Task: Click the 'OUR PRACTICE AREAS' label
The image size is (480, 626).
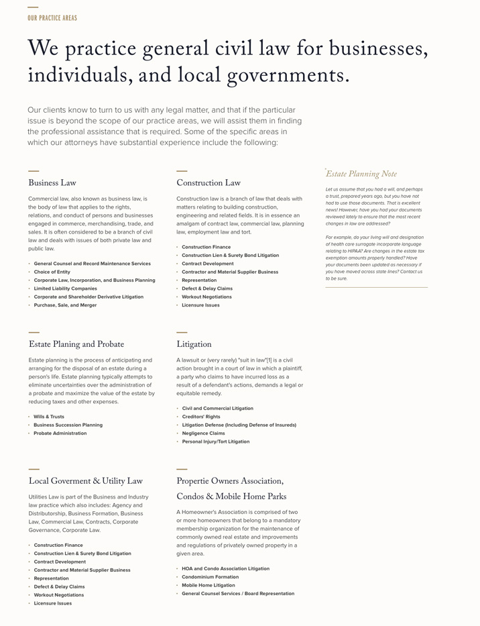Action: coord(52,18)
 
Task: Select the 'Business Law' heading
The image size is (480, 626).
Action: coord(52,183)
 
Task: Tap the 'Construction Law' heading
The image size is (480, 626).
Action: coord(208,183)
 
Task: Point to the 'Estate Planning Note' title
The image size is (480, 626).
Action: coord(361,174)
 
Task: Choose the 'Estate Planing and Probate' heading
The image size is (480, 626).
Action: coord(76,345)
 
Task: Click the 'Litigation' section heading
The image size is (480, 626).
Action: coord(194,345)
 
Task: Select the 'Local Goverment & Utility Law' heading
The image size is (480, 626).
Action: coord(85,482)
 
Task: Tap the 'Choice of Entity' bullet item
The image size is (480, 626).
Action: coord(52,272)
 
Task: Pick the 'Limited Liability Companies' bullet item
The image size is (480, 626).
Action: coord(65,289)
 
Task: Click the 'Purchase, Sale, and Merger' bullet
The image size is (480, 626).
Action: coord(65,305)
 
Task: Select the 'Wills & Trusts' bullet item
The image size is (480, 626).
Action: coord(49,417)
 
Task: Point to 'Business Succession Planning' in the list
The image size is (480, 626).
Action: coord(68,425)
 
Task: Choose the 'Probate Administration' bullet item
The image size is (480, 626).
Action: coord(60,433)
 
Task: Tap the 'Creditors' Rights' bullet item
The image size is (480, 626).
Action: coord(201,417)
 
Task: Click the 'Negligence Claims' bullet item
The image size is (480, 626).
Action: coord(203,433)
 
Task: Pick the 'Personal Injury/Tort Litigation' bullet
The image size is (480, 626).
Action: coord(215,441)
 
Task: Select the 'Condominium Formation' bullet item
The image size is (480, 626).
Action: coord(210,577)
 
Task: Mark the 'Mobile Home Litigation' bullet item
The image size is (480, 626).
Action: coord(208,585)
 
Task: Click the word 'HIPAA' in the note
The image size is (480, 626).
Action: coord(352,252)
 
